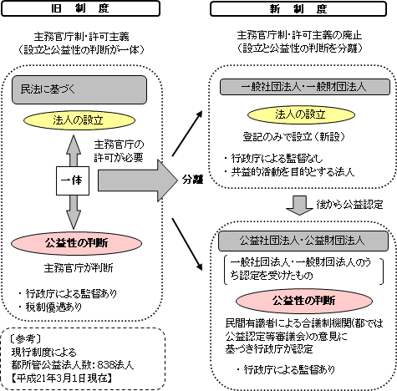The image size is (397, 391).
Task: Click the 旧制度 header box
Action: click(x=80, y=8)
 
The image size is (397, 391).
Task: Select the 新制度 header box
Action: click(x=298, y=9)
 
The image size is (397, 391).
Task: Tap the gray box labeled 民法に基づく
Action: click(x=79, y=89)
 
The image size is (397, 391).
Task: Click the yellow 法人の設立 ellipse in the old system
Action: click(x=79, y=120)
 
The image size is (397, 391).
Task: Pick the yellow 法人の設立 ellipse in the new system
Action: click(x=301, y=114)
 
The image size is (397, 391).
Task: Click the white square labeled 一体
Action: click(x=73, y=180)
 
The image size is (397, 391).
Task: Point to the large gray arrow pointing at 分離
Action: click(x=138, y=180)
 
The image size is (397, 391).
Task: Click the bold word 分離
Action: click(x=192, y=180)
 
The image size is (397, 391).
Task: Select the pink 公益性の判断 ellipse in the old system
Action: click(x=77, y=243)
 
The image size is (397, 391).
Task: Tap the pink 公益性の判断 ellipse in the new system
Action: click(x=304, y=301)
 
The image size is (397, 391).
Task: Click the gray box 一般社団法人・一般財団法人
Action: click(x=305, y=87)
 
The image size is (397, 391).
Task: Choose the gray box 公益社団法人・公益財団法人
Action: click(x=303, y=241)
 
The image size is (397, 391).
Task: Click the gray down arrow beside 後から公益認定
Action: click(x=299, y=206)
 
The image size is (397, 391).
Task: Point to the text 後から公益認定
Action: click(x=349, y=205)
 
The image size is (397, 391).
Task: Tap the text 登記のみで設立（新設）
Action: click(x=294, y=137)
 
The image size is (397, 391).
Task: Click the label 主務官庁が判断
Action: click(x=79, y=268)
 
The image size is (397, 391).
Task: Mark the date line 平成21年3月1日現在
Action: click(x=62, y=378)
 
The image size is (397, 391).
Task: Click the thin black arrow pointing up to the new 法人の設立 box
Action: click(x=187, y=134)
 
